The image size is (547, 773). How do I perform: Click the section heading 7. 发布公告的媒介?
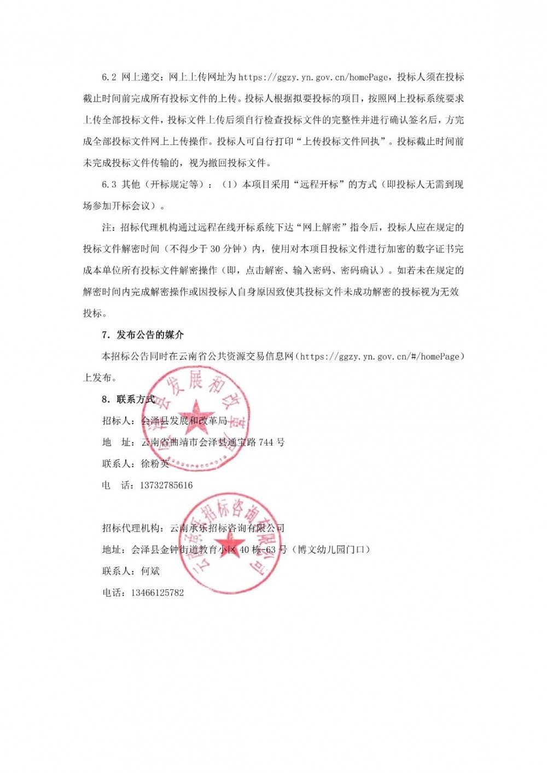[x=143, y=335]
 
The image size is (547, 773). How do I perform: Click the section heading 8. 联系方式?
[x=129, y=399]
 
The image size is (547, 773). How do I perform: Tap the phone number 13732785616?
[x=167, y=485]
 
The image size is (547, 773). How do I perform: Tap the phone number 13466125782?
[x=158, y=592]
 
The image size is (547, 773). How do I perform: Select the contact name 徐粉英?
[x=155, y=464]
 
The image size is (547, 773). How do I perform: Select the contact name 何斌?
[x=150, y=571]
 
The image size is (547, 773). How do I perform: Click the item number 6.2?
[x=109, y=77]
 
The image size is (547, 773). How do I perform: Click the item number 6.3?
[x=109, y=185]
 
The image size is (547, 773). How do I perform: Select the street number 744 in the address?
[x=265, y=442]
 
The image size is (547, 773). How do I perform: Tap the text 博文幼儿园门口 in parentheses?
[x=331, y=549]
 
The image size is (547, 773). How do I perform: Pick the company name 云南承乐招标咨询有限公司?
[x=228, y=528]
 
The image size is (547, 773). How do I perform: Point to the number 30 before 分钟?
[x=215, y=249]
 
